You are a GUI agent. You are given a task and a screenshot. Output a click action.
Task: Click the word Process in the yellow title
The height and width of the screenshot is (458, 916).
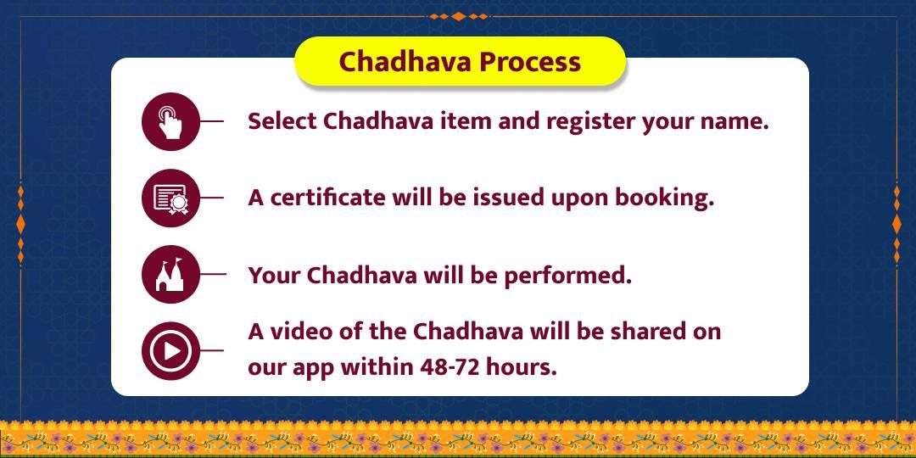(530, 62)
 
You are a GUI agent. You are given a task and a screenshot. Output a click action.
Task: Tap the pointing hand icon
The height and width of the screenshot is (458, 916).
(170, 121)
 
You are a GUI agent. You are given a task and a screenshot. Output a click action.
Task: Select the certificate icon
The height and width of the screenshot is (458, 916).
(170, 198)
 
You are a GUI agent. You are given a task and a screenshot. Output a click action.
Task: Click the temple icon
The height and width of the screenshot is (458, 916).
(170, 275)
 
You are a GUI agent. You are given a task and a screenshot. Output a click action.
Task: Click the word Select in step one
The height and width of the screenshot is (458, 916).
(282, 121)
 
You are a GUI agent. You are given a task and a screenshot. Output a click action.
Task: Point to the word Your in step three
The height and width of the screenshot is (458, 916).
(274, 275)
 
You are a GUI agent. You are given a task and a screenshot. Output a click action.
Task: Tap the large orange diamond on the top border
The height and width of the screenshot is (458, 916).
(459, 16)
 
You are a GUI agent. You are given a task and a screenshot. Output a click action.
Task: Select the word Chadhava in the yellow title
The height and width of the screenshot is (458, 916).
(405, 62)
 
